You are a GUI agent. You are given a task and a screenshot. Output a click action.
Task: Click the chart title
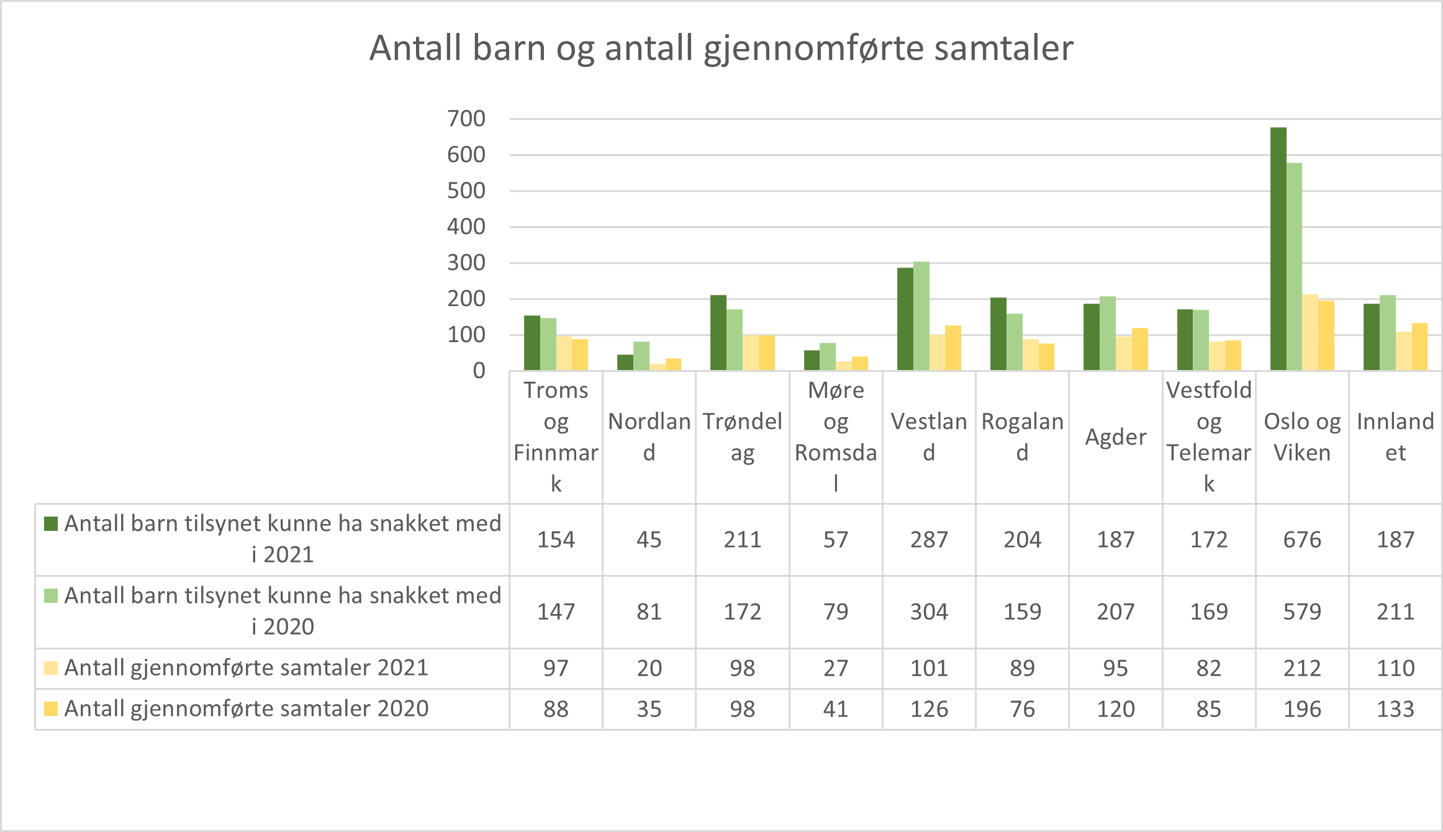coord(721,48)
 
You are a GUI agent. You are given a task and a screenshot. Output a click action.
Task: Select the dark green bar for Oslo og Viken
coord(1278,248)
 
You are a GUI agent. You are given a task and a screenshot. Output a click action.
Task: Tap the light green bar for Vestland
coord(921,316)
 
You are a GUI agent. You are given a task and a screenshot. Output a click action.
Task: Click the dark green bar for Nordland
coord(625,363)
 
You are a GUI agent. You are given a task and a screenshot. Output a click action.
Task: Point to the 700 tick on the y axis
coord(466,119)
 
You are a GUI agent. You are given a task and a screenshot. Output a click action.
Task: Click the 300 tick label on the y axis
coord(466,263)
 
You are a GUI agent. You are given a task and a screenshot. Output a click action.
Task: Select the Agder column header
coord(1115,437)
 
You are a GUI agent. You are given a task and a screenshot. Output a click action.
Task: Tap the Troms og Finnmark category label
coord(556,436)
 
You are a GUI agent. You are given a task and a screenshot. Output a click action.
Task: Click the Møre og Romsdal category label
coord(836,436)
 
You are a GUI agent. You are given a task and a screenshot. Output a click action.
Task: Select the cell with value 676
coord(1302,540)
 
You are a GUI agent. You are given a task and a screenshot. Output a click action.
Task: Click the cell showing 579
coord(1302,612)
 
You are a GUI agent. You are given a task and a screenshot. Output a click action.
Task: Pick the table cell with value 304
coord(929,612)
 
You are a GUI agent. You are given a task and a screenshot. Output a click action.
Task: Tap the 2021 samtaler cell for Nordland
coord(649,668)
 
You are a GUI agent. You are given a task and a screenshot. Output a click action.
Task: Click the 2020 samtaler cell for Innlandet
coord(1395,709)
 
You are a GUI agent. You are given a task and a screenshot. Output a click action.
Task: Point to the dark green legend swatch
coord(51,523)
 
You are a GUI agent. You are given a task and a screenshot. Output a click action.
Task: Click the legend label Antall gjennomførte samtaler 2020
coord(247,708)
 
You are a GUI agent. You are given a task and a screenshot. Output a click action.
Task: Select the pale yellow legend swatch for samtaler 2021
coord(51,668)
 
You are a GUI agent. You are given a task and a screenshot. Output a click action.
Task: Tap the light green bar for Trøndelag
coord(735,340)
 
